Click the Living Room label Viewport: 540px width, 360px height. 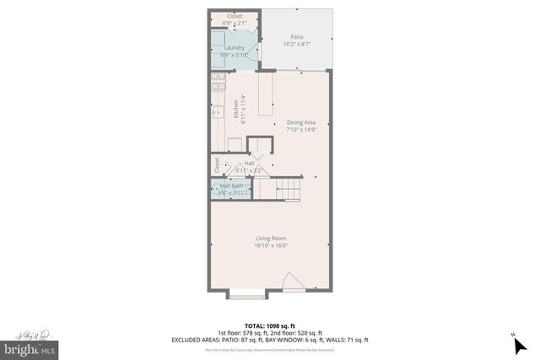point(272,239)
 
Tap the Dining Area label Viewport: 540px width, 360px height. point(300,123)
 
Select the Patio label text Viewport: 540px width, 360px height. point(296,37)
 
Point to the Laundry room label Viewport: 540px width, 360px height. point(235,47)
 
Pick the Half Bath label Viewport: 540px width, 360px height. point(232,185)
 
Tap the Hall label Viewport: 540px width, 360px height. point(249,164)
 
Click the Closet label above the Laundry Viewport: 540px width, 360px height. point(234,15)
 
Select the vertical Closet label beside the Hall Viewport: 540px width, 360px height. point(217,164)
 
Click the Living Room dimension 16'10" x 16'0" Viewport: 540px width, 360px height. point(272,246)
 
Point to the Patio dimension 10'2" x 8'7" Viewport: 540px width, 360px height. point(296,44)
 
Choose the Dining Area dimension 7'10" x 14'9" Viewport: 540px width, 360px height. point(300,130)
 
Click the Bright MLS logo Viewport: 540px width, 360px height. point(29,347)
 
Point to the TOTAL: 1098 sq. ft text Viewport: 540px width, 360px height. point(269,325)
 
